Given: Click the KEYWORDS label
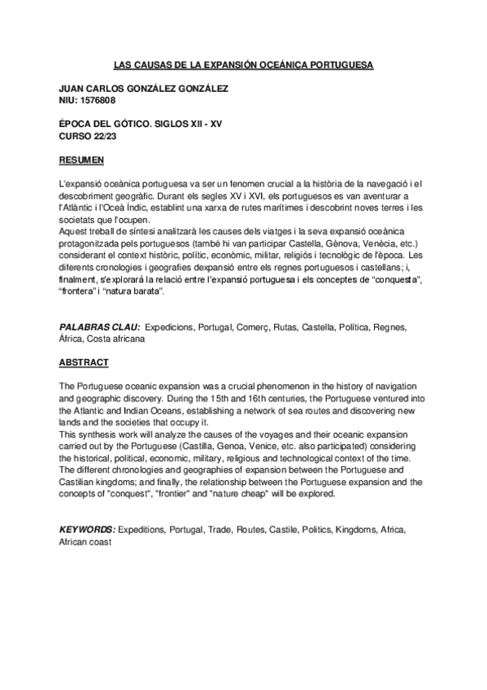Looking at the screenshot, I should click(x=88, y=529).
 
